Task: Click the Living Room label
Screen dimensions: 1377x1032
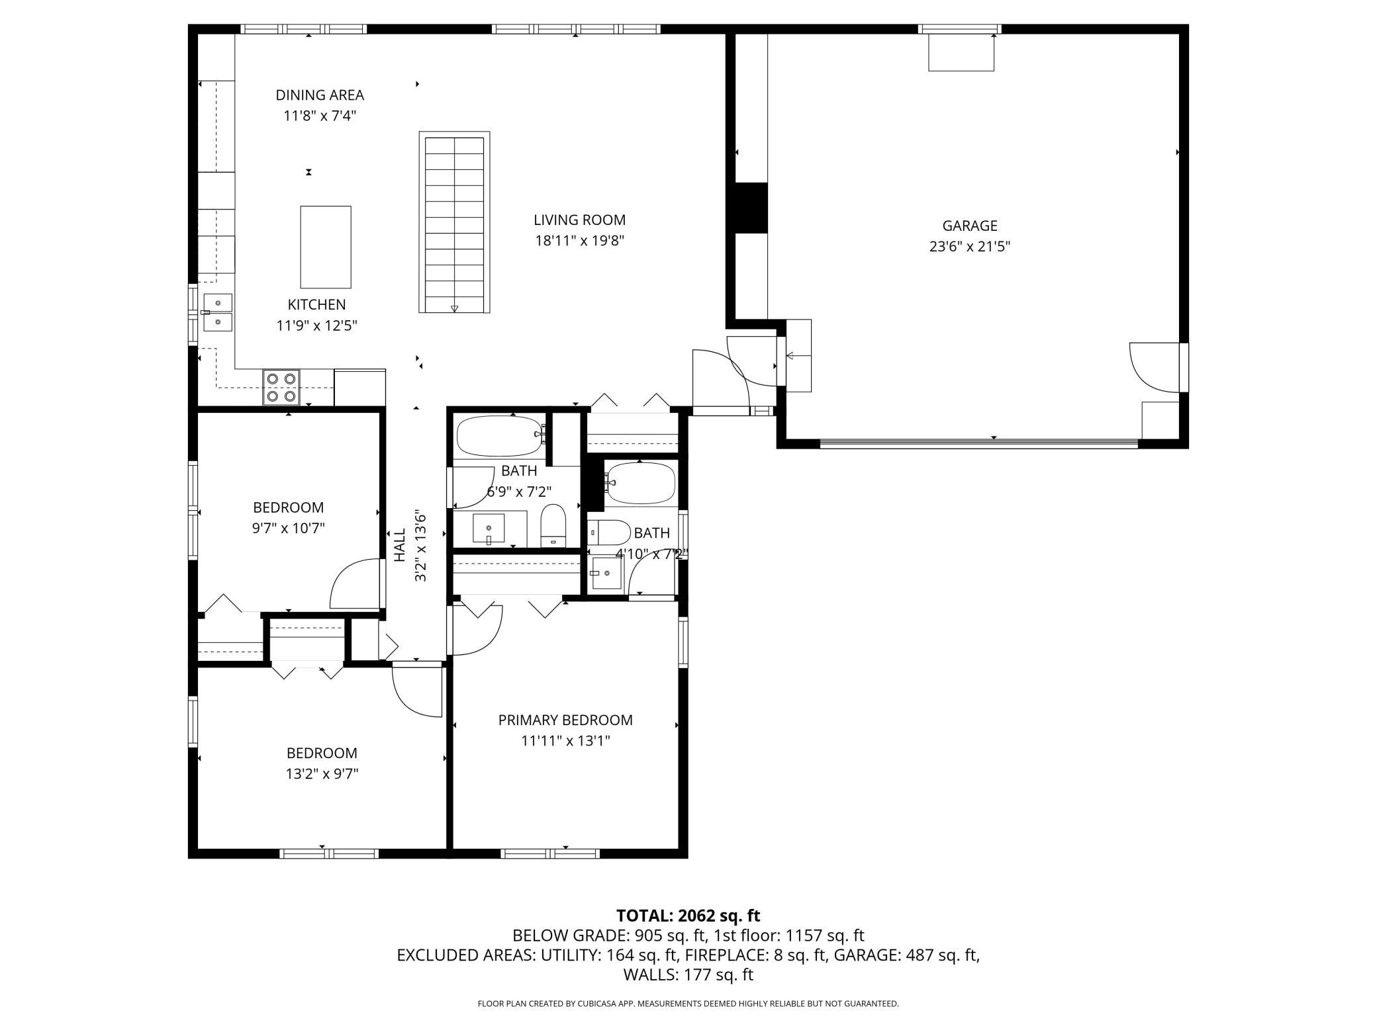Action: [x=579, y=220]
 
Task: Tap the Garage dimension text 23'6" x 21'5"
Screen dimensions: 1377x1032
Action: [x=969, y=247]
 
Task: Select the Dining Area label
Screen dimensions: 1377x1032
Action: [x=320, y=95]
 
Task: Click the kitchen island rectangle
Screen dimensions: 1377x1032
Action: [x=326, y=247]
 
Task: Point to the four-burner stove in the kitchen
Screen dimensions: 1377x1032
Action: [x=281, y=387]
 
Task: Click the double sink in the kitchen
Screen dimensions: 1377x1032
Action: [x=218, y=312]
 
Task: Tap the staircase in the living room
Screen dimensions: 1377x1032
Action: [x=454, y=222]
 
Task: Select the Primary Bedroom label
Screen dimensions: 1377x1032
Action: [x=565, y=720]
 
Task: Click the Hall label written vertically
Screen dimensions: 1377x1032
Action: [x=400, y=545]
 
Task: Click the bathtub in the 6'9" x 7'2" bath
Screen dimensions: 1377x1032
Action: [x=500, y=435]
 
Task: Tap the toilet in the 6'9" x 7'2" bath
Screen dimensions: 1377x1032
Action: [x=553, y=526]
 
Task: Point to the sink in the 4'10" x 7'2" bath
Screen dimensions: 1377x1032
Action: [x=606, y=573]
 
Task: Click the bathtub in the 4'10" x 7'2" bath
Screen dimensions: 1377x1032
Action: [x=640, y=483]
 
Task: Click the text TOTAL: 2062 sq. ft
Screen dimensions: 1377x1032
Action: [x=688, y=916]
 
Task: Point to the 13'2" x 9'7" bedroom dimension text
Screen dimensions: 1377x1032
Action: [x=322, y=773]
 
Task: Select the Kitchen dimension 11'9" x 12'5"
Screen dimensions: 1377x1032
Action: [x=316, y=325]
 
